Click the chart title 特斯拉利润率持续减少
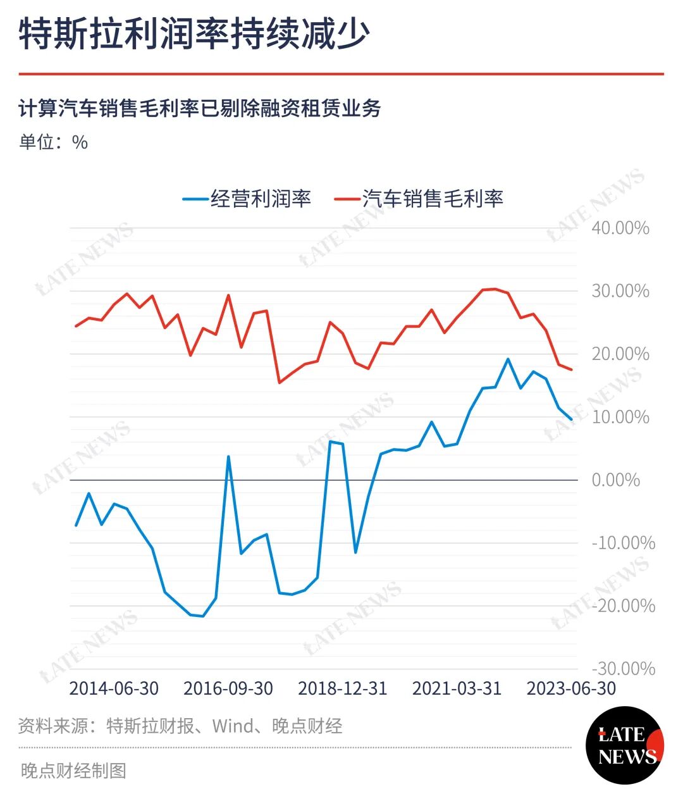tap(195, 34)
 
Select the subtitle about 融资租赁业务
tap(200, 108)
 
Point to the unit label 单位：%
tap(53, 142)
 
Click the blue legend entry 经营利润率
tap(247, 199)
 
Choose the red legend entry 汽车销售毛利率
tap(419, 199)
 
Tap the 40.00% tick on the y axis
tap(620, 228)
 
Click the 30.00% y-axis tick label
tap(620, 291)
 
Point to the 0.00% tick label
tap(616, 480)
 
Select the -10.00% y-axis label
tap(623, 543)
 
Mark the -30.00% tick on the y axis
tap(623, 669)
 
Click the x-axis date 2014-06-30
tap(114, 689)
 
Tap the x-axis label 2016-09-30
tap(228, 689)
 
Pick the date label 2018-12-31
tap(343, 689)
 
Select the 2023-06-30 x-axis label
tap(571, 689)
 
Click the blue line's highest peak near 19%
tap(508, 359)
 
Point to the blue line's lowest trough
tap(202, 616)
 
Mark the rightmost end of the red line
tap(572, 370)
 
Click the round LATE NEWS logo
tap(625, 745)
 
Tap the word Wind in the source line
tap(233, 726)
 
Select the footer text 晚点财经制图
tap(73, 771)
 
